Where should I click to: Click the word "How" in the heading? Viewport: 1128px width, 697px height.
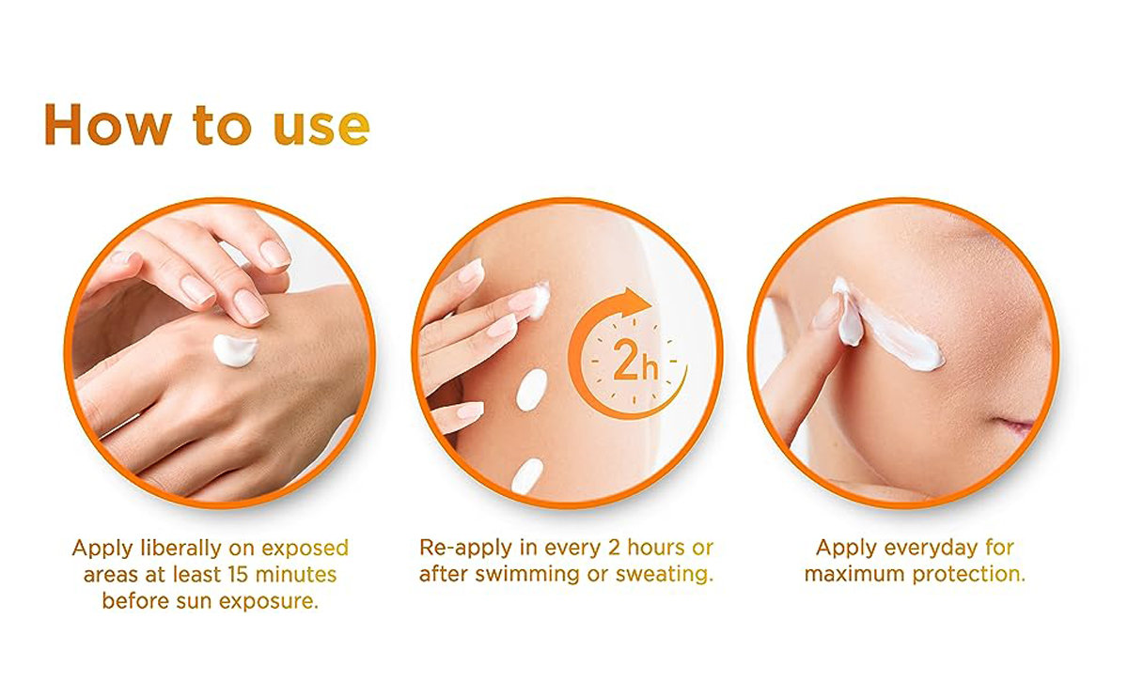108,124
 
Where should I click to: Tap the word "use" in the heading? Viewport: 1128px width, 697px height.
321,128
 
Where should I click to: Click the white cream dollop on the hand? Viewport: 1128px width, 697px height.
235,349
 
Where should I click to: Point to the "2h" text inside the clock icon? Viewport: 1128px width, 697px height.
635,361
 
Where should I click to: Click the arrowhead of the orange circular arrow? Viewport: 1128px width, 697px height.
636,302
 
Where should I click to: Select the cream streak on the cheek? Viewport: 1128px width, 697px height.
889,326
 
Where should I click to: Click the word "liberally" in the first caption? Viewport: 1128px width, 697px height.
180,549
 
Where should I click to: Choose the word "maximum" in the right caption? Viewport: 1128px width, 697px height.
854,574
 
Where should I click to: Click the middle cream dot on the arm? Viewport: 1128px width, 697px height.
531,390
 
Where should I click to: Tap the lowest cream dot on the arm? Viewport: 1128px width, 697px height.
527,475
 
